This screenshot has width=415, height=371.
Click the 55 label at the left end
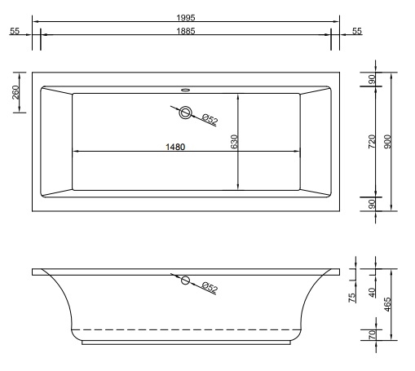tap(15, 30)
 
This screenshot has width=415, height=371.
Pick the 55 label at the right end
tap(357, 30)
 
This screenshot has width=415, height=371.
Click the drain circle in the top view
tap(187, 113)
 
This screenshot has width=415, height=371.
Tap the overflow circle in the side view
tap(185, 281)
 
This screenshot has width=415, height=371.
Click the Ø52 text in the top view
tap(210, 121)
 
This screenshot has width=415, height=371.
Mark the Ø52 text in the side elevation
tap(209, 288)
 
